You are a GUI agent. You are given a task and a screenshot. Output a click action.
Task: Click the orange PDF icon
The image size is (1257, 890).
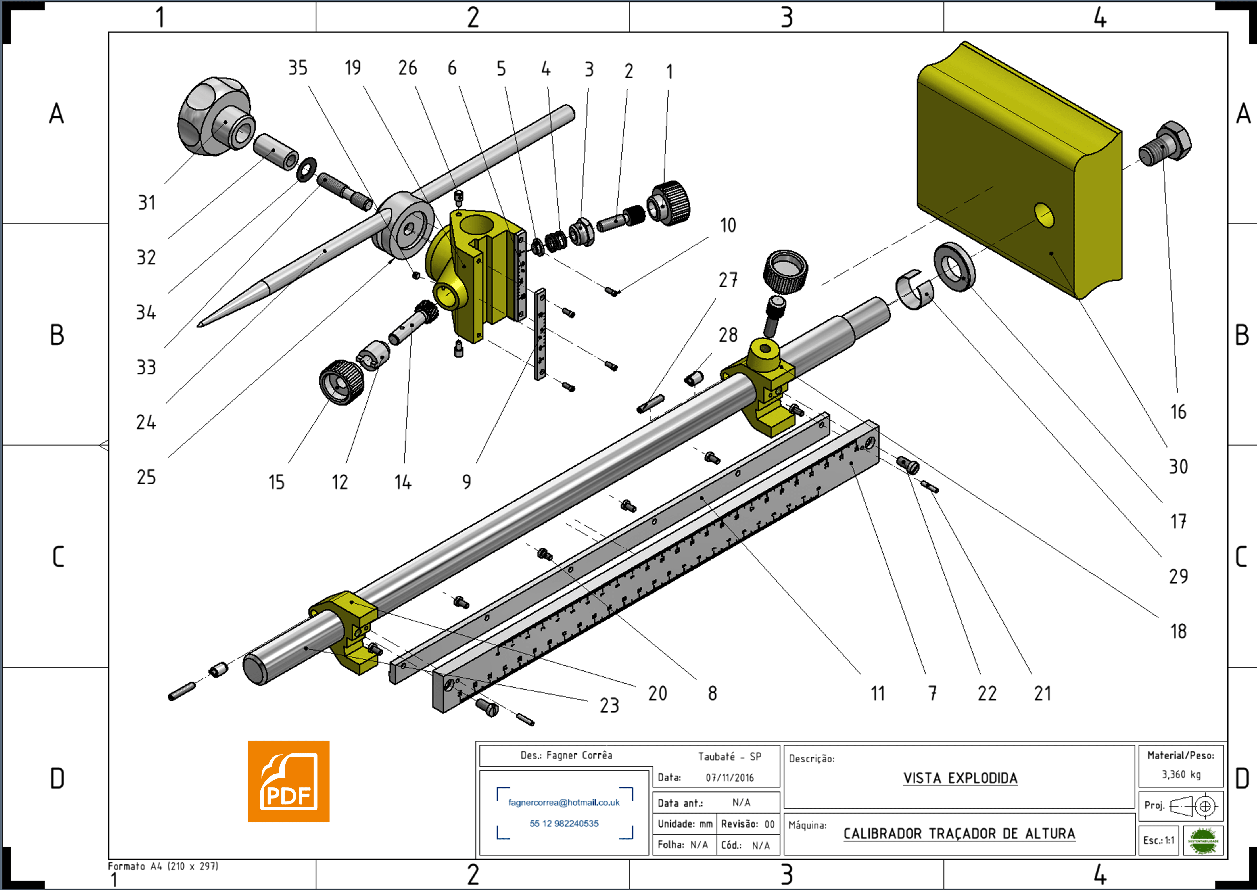pyautogui.click(x=288, y=781)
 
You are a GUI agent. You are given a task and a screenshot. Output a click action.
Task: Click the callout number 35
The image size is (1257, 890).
pyautogui.click(x=298, y=68)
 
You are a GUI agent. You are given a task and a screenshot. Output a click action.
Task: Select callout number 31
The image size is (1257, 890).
pyautogui.click(x=146, y=203)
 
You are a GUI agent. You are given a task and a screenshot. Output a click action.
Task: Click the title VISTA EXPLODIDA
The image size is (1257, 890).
pyautogui.click(x=960, y=778)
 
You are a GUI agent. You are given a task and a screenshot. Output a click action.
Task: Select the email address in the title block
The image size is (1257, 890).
pyautogui.click(x=564, y=802)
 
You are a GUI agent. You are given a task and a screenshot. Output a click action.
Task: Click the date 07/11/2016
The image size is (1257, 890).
pyautogui.click(x=729, y=778)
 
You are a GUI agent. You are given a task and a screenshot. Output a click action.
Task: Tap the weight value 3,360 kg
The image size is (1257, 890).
pyautogui.click(x=1181, y=774)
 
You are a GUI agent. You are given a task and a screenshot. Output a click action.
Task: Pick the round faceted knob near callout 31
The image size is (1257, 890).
pyautogui.click(x=214, y=116)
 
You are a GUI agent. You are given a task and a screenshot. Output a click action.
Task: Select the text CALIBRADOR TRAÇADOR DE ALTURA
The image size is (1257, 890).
pyautogui.click(x=959, y=833)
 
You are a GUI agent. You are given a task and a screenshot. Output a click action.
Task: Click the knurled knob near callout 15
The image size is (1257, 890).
pyautogui.click(x=341, y=383)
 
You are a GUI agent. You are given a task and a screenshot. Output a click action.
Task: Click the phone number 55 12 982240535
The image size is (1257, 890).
pyautogui.click(x=564, y=823)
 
